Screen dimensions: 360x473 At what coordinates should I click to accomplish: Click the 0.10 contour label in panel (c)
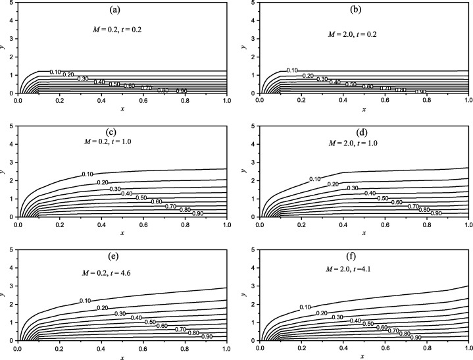point(87,174)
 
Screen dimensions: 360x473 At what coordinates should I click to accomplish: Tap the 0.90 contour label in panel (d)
point(436,213)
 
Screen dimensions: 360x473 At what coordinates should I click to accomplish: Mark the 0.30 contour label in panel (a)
point(84,78)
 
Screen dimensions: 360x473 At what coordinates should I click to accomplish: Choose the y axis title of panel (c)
point(4,170)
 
